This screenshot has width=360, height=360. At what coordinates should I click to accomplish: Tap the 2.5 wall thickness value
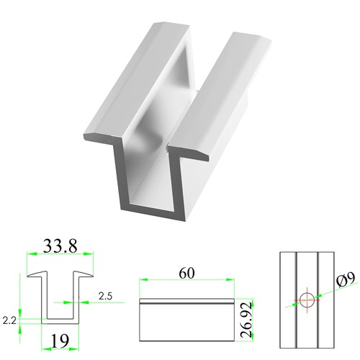[x=105, y=296]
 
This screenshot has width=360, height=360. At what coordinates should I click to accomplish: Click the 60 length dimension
[x=186, y=274]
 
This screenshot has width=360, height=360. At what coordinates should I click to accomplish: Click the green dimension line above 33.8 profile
[x=60, y=254]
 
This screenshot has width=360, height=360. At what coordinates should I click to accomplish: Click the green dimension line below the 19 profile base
[x=60, y=328]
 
